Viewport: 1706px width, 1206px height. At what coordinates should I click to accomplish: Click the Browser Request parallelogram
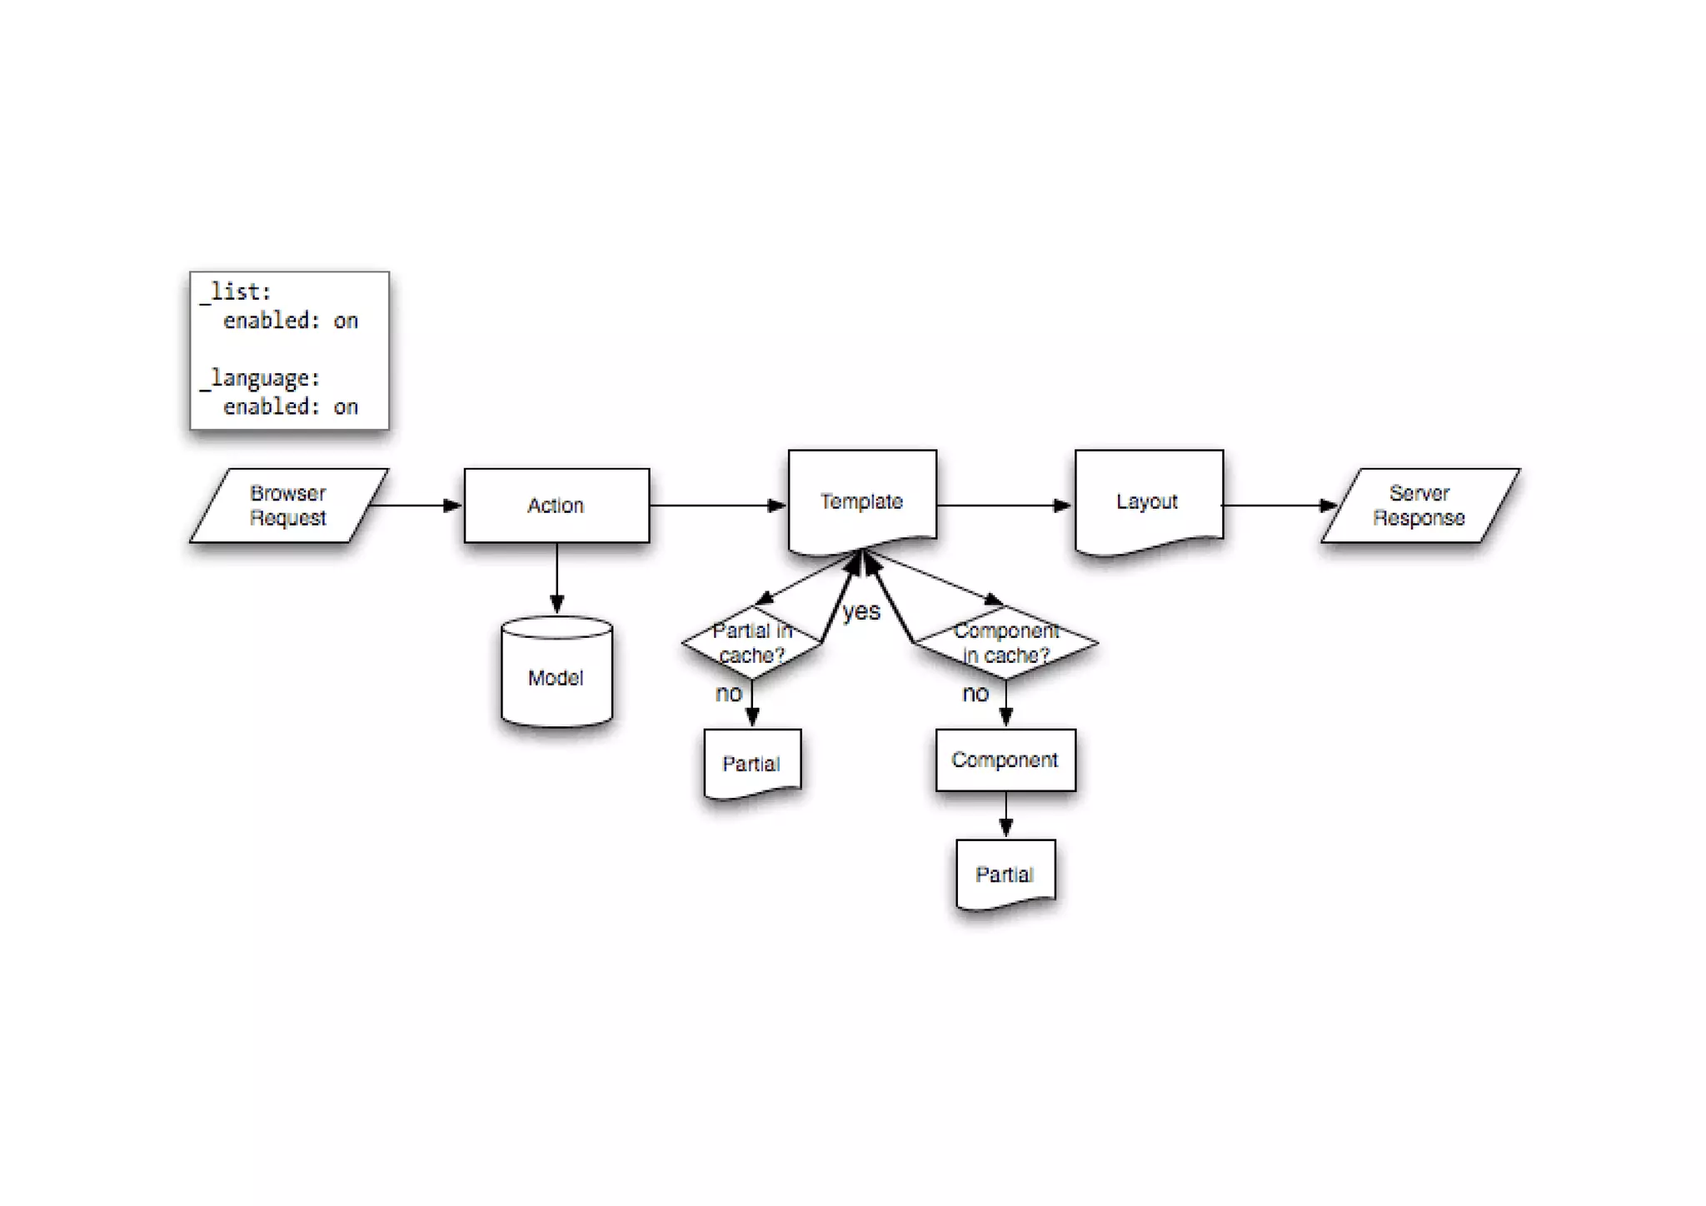pyautogui.click(x=288, y=506)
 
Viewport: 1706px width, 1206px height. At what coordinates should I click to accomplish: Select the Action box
pyautogui.click(x=556, y=506)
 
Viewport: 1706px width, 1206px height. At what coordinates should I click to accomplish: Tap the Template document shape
pyautogui.click(x=862, y=501)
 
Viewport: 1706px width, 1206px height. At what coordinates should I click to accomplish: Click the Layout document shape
pyautogui.click(x=1149, y=501)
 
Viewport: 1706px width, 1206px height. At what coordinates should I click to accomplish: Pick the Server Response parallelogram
pyautogui.click(x=1420, y=506)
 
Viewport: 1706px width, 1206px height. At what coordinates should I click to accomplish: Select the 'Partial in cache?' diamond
pyautogui.click(x=751, y=643)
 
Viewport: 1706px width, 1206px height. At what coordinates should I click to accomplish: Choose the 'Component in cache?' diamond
pyautogui.click(x=1006, y=643)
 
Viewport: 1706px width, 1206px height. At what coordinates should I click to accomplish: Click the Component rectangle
pyautogui.click(x=1005, y=760)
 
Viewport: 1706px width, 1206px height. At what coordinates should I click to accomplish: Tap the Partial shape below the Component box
pyautogui.click(x=1005, y=874)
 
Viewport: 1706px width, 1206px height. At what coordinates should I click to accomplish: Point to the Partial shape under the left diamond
pyautogui.click(x=752, y=763)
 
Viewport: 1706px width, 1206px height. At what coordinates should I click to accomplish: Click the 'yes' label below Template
pyautogui.click(x=861, y=612)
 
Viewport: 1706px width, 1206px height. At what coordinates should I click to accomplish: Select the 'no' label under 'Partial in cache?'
pyautogui.click(x=729, y=694)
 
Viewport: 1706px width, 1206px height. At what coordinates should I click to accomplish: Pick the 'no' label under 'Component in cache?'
pyautogui.click(x=975, y=694)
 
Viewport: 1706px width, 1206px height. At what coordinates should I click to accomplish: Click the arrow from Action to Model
pyautogui.click(x=556, y=579)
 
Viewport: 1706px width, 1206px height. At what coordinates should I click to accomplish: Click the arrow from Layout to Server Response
pyautogui.click(x=1279, y=506)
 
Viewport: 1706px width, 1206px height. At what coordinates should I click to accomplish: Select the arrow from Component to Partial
pyautogui.click(x=1005, y=815)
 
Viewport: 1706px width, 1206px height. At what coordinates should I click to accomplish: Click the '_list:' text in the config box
pyautogui.click(x=237, y=292)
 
